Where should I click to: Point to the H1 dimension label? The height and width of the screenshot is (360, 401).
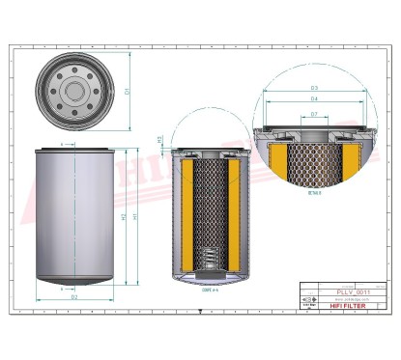click(x=135, y=217)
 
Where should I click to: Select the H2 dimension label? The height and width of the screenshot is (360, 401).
click(x=125, y=217)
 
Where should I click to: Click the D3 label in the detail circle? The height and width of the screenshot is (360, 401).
click(x=314, y=87)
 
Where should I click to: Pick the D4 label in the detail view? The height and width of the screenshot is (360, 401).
click(x=314, y=98)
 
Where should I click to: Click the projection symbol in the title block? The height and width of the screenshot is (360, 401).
click(x=308, y=299)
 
